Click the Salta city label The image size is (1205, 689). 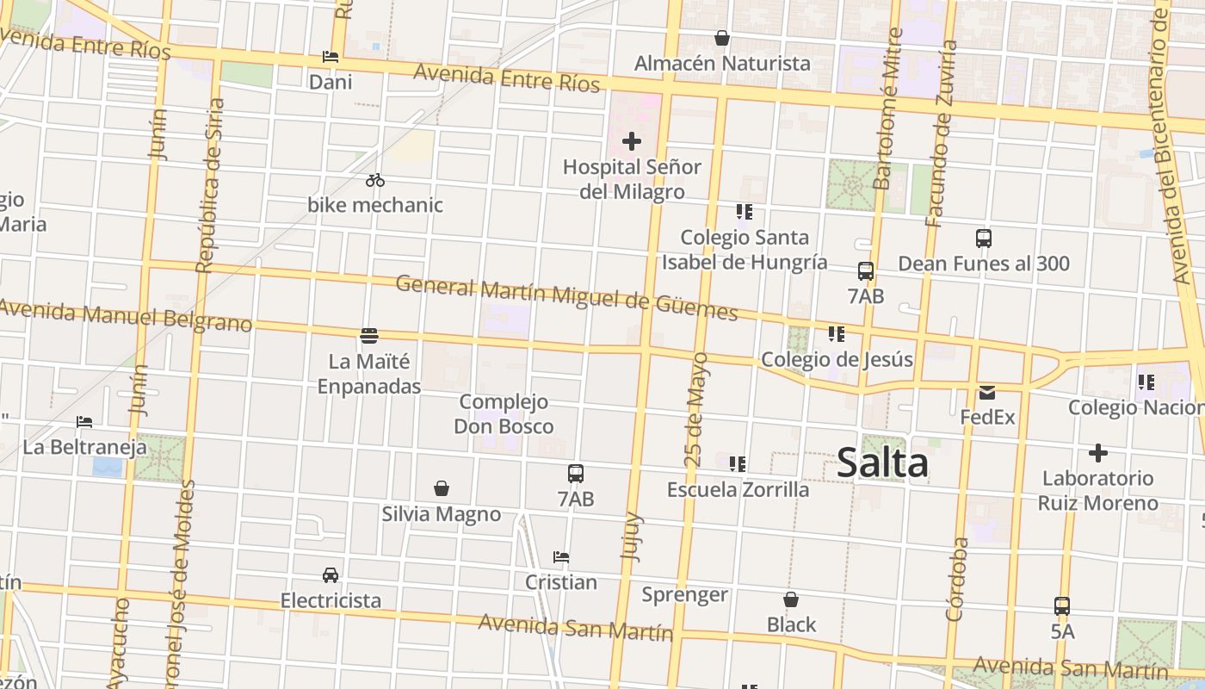[x=882, y=462]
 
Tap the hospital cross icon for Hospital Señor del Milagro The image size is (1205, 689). [x=632, y=141]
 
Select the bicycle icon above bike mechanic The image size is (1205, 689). [x=374, y=180]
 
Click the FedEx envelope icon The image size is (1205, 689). [x=987, y=393]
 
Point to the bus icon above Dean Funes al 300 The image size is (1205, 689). [x=984, y=239]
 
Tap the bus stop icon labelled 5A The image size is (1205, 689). [x=1062, y=606]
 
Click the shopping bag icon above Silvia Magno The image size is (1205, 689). [x=442, y=489]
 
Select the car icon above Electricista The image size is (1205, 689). [x=331, y=574]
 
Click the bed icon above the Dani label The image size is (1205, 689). [x=331, y=58]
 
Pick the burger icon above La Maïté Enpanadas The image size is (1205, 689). [x=369, y=335]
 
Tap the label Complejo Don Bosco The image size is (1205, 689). [x=504, y=414]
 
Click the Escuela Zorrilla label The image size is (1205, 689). [x=738, y=489]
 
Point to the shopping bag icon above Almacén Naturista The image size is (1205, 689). [x=722, y=38]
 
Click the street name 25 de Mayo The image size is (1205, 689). [x=697, y=409]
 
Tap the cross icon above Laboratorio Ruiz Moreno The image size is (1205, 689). [x=1097, y=453]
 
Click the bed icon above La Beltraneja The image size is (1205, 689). [x=84, y=422]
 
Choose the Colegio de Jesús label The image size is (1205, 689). [x=837, y=359]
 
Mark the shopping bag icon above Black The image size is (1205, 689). [x=791, y=599]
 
